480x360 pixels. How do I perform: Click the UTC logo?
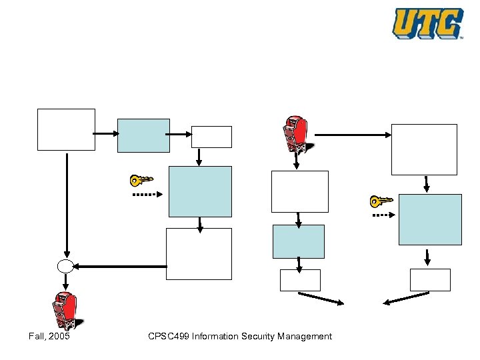point(427,23)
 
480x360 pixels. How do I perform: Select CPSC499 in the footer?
point(169,336)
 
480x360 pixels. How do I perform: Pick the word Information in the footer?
point(219,336)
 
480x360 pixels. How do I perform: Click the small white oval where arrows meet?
point(65,267)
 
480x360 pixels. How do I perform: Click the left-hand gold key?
point(141,180)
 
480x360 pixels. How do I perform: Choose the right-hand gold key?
point(381,201)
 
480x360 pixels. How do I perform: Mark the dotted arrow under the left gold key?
point(147,195)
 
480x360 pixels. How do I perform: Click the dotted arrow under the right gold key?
point(383,215)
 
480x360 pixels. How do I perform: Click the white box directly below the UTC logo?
point(424,149)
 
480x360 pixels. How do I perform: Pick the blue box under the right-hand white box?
point(430,219)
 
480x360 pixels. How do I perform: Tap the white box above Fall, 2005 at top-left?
point(66,129)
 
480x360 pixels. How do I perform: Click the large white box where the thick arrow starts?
point(199,253)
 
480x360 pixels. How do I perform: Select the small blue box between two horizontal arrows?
point(143,135)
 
